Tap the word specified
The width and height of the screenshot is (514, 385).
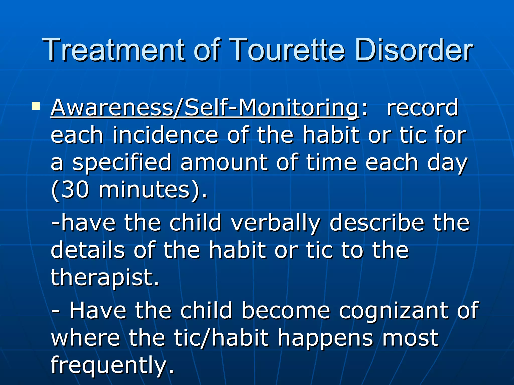(122, 163)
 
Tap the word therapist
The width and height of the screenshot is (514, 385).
(105, 278)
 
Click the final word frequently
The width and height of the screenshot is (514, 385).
(112, 366)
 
